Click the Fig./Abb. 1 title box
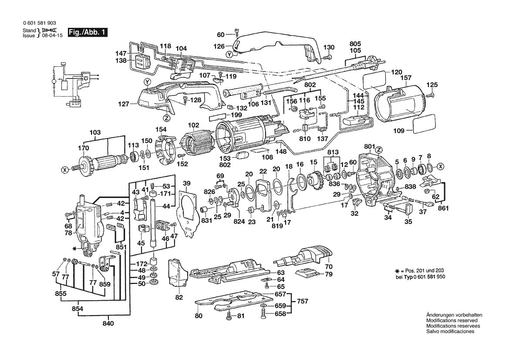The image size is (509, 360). (x=87, y=32)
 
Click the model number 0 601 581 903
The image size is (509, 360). (x=39, y=24)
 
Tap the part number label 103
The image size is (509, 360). (x=95, y=132)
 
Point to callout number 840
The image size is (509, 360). (x=108, y=323)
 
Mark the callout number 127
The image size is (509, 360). (x=124, y=104)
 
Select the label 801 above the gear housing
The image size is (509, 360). (x=369, y=146)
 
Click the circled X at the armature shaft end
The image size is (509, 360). (x=65, y=170)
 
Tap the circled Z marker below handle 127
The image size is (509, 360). (x=167, y=117)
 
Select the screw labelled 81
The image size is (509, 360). (x=229, y=317)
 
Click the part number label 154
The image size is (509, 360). (x=162, y=129)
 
